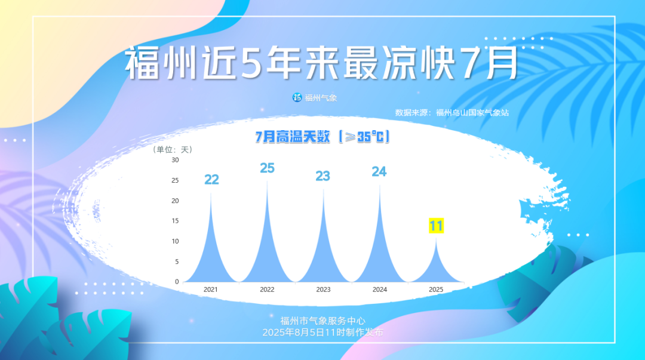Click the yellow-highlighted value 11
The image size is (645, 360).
pyautogui.click(x=436, y=226)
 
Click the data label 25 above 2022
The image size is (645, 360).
pyautogui.click(x=267, y=168)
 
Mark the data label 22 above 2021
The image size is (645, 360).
pyautogui.click(x=211, y=180)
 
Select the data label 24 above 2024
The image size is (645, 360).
pyautogui.click(x=379, y=172)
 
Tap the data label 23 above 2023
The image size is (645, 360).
pyautogui.click(x=322, y=176)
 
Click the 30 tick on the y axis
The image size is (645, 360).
pyautogui.click(x=175, y=160)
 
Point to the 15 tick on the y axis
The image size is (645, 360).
pyautogui.click(x=175, y=221)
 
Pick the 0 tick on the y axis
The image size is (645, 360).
pyautogui.click(x=177, y=282)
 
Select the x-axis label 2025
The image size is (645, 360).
pyautogui.click(x=436, y=290)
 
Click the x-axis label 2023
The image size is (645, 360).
pyautogui.click(x=323, y=290)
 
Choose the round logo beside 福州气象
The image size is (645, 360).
pyautogui.click(x=297, y=97)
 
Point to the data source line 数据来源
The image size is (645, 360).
pyautogui.click(x=452, y=113)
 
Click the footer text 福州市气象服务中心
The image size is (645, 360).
pyautogui.click(x=322, y=321)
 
